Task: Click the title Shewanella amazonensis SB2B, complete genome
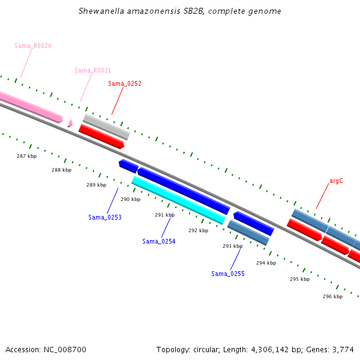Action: (180, 11)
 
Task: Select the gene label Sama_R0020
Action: (33, 46)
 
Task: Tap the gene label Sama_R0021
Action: (92, 70)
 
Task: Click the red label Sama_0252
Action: (125, 83)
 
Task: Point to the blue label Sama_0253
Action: (105, 217)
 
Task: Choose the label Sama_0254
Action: (159, 241)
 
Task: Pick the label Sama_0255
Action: (228, 274)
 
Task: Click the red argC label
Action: (336, 181)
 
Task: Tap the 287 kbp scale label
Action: (26, 156)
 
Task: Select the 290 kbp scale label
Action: (130, 199)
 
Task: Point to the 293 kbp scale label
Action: (232, 246)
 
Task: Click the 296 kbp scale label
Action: (332, 296)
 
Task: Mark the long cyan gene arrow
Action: (178, 200)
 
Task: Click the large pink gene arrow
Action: (30, 106)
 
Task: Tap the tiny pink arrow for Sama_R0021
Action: (70, 123)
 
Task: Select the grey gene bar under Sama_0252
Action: (106, 127)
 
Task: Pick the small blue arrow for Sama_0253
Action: (128, 165)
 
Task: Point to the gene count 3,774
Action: (343, 349)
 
